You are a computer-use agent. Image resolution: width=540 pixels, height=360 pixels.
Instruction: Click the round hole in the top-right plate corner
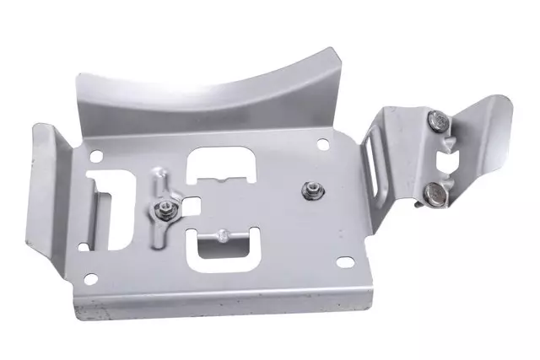[323, 143]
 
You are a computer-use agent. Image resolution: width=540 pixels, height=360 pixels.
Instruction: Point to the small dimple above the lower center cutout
[220, 232]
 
